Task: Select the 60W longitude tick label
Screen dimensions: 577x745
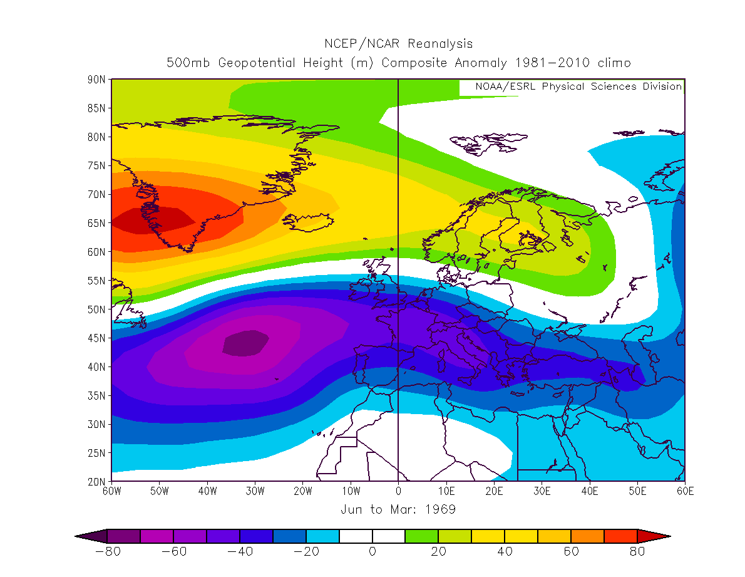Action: [x=111, y=491]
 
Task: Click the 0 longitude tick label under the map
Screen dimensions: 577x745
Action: [x=398, y=491]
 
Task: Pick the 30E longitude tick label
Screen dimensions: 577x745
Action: [x=542, y=491]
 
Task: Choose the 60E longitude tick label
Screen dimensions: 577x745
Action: [x=685, y=491]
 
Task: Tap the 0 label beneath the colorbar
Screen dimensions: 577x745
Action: [x=372, y=552]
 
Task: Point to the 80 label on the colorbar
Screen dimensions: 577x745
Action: [x=637, y=552]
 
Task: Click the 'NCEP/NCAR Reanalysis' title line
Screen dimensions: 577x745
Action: [x=398, y=44]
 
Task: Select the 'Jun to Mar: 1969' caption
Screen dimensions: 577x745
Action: [x=398, y=509]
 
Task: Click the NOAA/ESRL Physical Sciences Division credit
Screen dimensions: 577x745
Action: [x=578, y=86]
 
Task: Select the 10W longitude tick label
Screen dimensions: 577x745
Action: [x=351, y=491]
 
